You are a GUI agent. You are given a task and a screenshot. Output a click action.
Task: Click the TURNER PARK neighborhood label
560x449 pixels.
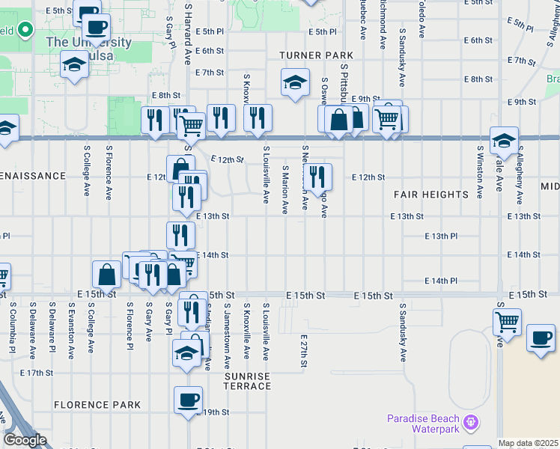(x=316, y=55)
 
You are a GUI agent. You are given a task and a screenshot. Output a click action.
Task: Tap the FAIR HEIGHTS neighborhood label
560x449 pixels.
(x=431, y=195)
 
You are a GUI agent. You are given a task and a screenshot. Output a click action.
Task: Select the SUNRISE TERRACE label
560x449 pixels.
(x=247, y=381)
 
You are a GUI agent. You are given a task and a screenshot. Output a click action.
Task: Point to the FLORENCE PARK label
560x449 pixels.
(x=97, y=405)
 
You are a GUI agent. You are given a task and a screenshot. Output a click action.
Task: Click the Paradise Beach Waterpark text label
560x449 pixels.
(x=422, y=424)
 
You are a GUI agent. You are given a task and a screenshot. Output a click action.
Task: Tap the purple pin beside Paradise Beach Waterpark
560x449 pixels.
(x=469, y=423)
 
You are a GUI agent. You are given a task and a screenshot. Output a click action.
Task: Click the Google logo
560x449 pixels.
(x=25, y=440)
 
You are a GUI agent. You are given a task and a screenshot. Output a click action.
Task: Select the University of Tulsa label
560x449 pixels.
(x=88, y=42)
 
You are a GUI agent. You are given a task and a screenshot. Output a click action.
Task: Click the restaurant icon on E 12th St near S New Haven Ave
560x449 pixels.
(x=317, y=177)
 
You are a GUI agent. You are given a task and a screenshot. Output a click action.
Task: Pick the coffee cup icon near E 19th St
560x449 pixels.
(x=189, y=399)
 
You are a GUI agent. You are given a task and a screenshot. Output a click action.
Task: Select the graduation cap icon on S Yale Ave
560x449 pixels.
(x=504, y=139)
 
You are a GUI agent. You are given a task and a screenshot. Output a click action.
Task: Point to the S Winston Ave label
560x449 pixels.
(x=479, y=168)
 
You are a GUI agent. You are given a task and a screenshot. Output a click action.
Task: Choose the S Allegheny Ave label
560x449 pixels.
(x=519, y=175)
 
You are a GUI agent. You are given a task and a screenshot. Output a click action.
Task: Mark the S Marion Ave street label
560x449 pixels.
(x=285, y=191)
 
